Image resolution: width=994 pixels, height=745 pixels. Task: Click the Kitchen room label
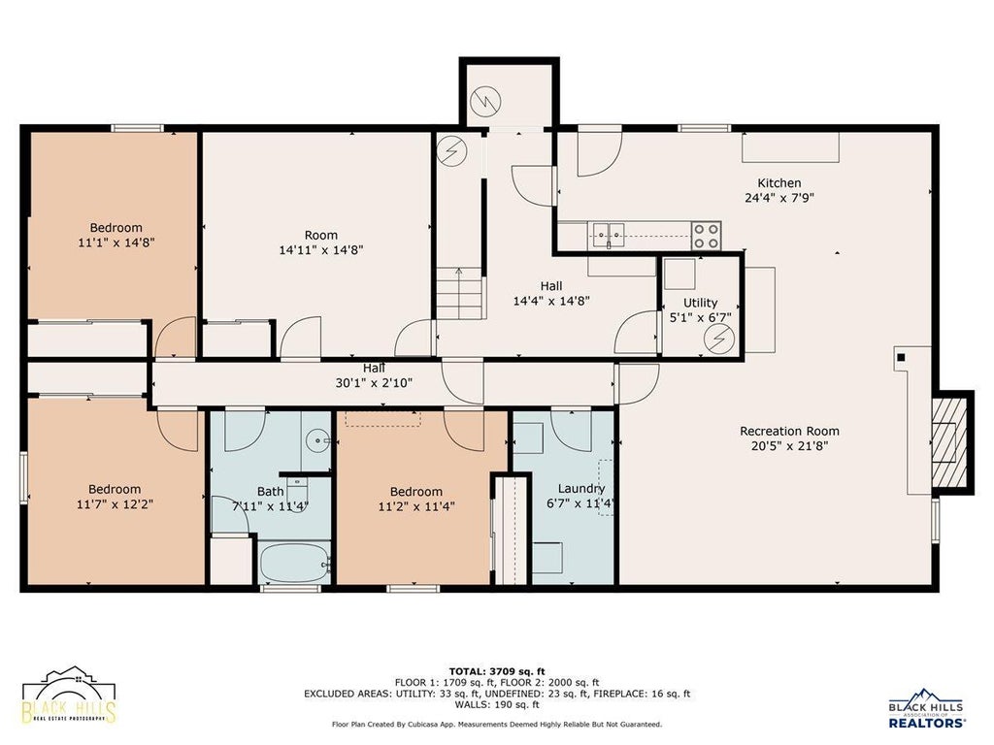click(x=779, y=183)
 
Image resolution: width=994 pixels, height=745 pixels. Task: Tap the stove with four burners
click(x=706, y=236)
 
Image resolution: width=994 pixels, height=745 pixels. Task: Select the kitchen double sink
click(x=609, y=235)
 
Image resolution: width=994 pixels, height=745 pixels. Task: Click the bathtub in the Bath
click(x=295, y=562)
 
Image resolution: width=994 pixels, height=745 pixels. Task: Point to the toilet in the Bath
click(x=297, y=490)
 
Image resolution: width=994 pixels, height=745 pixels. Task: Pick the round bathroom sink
click(x=317, y=440)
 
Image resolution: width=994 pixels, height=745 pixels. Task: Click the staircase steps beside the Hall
click(x=460, y=293)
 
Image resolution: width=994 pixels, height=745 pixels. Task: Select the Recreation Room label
click(x=789, y=431)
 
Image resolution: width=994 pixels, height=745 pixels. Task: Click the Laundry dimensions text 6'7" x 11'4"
click(x=580, y=503)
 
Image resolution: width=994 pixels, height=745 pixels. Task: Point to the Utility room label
click(x=701, y=303)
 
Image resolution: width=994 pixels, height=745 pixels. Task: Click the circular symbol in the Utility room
click(x=719, y=339)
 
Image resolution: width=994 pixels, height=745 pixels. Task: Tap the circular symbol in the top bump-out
click(x=485, y=101)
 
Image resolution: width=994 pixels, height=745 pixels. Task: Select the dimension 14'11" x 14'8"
click(x=321, y=249)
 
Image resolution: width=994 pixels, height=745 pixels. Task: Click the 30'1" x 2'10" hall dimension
click(x=374, y=382)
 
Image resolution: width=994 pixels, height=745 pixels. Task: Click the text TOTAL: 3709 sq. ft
click(x=497, y=671)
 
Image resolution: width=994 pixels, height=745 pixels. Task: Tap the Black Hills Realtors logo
click(x=927, y=707)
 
